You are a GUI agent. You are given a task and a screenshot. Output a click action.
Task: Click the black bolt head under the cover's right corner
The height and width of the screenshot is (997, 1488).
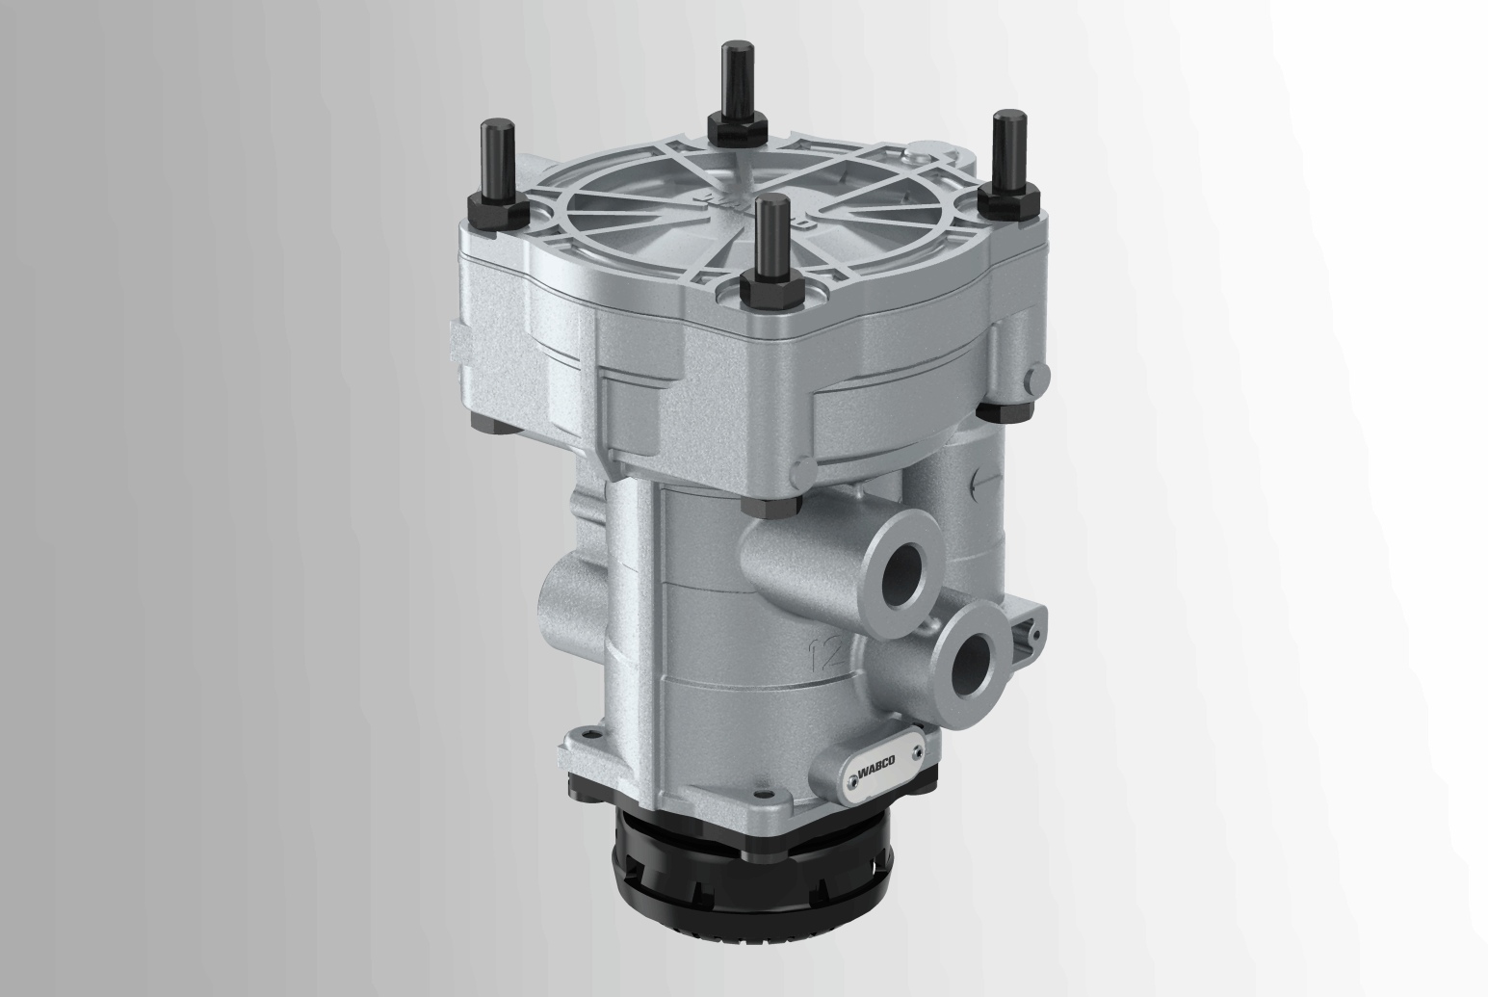tap(999, 410)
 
